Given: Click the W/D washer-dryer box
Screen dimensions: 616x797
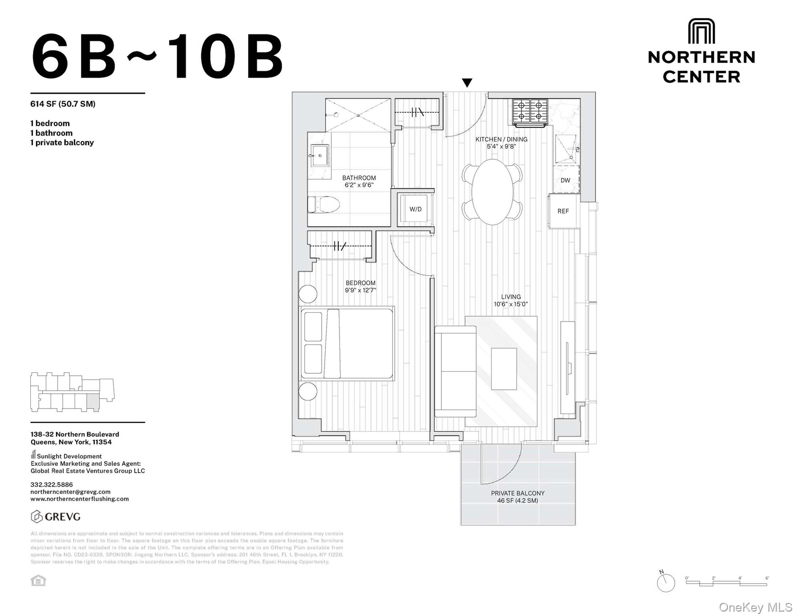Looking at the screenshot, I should click(415, 209).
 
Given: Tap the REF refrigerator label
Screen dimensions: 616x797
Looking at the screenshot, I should click(563, 211).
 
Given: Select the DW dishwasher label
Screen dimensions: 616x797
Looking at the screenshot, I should click(565, 180).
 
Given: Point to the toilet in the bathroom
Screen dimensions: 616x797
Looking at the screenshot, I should click(324, 205).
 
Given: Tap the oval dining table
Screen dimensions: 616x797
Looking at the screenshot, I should click(492, 192).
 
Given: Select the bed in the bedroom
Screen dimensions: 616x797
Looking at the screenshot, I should click(347, 344).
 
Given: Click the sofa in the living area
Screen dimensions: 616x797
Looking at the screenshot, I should click(455, 371).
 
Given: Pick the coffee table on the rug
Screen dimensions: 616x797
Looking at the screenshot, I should click(504, 369).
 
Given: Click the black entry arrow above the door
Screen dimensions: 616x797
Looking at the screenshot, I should click(467, 83).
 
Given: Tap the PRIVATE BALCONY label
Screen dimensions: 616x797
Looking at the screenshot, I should click(518, 493).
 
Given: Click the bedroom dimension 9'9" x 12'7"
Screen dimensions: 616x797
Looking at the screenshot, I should click(360, 290).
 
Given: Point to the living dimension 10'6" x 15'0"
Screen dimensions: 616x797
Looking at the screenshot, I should click(511, 304).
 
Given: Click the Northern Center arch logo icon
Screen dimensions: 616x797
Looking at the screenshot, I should click(701, 31).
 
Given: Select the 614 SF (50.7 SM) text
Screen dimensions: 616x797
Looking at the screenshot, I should click(63, 104).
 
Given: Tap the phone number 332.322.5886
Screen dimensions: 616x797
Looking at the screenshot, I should click(52, 484).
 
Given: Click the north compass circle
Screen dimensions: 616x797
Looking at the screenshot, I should click(666, 583).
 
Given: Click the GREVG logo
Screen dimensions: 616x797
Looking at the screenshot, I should click(56, 517).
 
